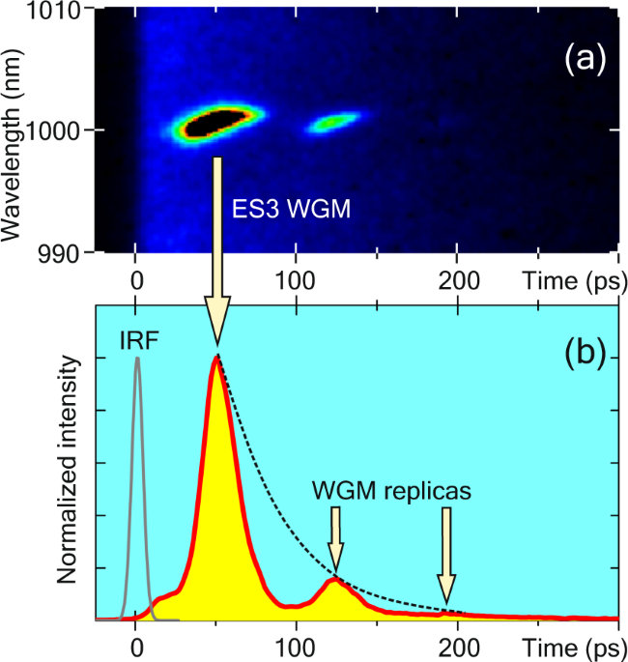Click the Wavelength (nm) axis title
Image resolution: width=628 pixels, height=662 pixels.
pos(15,130)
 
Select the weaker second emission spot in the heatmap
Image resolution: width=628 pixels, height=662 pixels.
pos(334,122)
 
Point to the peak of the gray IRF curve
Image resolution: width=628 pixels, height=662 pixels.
pos(137,359)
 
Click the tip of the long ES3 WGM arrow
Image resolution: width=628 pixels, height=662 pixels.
pos(217,344)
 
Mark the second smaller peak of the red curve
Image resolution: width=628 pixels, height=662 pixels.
pos(334,580)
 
